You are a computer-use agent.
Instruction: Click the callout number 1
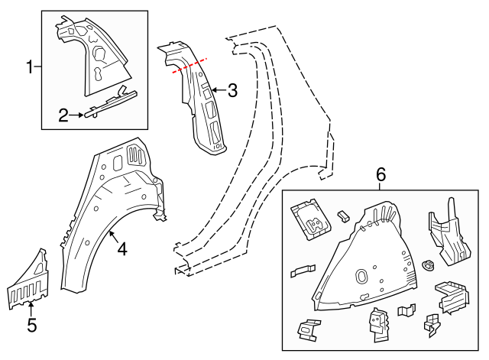(x=31, y=68)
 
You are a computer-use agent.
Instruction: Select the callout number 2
(x=64, y=115)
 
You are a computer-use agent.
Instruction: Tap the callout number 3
(x=232, y=91)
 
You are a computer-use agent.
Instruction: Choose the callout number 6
(x=381, y=176)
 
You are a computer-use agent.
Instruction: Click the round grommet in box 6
(x=428, y=266)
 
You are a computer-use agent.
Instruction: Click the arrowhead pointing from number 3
(x=212, y=91)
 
